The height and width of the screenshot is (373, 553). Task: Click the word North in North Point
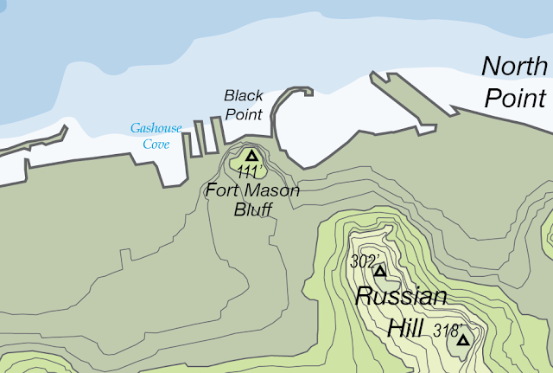coord(514,67)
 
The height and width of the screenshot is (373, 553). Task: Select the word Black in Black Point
coord(243,95)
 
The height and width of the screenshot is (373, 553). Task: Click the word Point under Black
coord(243,113)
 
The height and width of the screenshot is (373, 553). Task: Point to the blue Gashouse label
coord(156,128)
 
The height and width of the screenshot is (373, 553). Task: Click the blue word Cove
coord(156,145)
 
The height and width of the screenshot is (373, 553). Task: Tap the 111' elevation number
coord(250,173)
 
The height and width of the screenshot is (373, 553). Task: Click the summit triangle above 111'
coord(251,156)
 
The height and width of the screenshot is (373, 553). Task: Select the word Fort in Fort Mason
coord(225,190)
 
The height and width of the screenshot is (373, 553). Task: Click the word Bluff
coord(253,209)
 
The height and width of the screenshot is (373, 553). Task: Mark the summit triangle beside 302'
coord(379,271)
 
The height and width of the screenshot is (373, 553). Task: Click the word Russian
coord(402,298)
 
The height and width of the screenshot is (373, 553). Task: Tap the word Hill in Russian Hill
coord(404,328)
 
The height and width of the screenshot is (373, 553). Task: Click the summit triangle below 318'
coord(463,340)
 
